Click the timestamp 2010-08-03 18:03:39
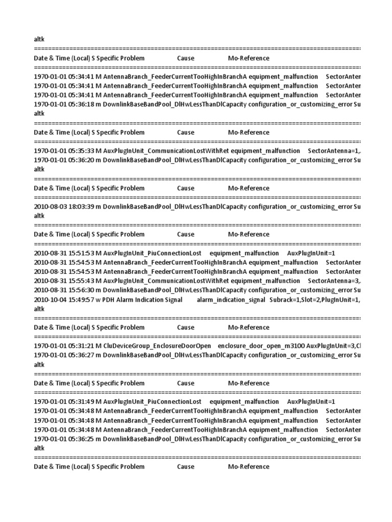coord(64,206)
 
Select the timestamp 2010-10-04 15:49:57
coord(64,299)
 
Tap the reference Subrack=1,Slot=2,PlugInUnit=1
coord(315,299)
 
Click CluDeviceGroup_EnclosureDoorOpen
coord(157,346)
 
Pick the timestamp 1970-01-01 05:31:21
coord(64,346)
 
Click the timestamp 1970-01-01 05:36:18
coord(64,104)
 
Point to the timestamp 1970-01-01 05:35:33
coord(64,150)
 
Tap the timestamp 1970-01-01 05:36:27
coord(64,355)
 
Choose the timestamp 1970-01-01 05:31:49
coord(64,402)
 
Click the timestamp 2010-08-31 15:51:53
coord(64,253)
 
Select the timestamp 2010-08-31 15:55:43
coord(64,281)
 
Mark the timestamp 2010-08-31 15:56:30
coord(64,290)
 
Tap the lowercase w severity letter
coord(98,299)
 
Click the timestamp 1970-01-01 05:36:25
coord(64,439)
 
